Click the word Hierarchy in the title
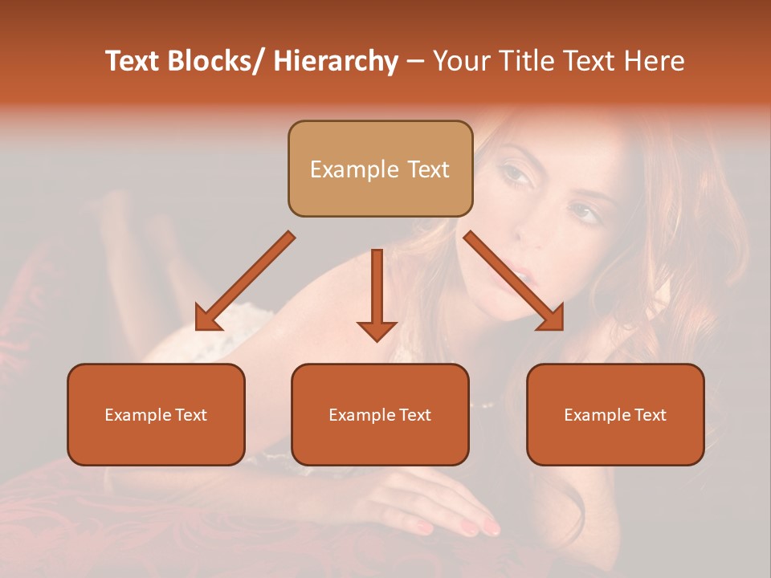click(x=336, y=61)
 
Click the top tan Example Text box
click(x=380, y=169)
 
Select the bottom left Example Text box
click(x=156, y=414)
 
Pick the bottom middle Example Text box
click(x=380, y=414)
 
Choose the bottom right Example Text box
click(x=615, y=414)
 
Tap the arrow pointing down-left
click(x=245, y=282)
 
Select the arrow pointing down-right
click(x=514, y=281)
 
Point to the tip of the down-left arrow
click(x=198, y=328)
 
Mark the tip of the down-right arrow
click(x=561, y=328)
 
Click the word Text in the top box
click(x=426, y=169)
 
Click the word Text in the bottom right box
click(x=649, y=415)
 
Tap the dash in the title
click(x=415, y=61)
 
